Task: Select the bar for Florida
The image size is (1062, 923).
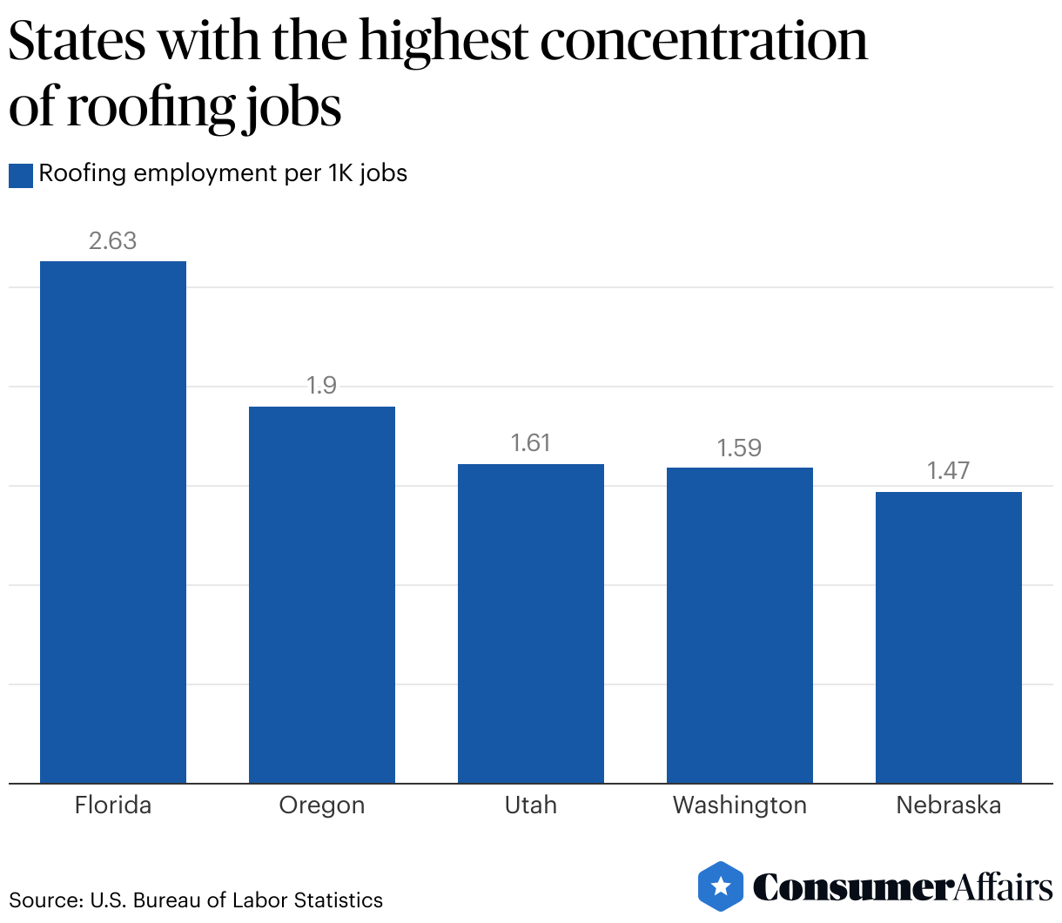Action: click(113, 522)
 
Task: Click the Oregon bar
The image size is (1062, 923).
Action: click(322, 595)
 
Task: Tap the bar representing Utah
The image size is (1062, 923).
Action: click(531, 623)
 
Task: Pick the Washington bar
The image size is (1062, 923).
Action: click(740, 625)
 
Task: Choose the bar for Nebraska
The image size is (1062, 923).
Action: click(949, 637)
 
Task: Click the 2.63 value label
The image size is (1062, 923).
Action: click(113, 241)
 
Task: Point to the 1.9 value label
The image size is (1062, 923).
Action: click(322, 386)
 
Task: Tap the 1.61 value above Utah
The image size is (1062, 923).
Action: click(531, 443)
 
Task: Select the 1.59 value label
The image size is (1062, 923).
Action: click(740, 448)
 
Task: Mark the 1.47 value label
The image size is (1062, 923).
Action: click(949, 471)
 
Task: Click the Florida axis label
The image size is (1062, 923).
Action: click(113, 805)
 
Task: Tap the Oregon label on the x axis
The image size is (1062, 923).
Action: click(322, 805)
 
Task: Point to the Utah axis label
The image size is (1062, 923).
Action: click(531, 805)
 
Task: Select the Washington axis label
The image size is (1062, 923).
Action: click(740, 805)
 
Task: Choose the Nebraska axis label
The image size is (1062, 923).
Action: click(949, 805)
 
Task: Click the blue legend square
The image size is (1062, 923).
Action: click(21, 175)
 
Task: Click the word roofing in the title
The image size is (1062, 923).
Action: click(151, 109)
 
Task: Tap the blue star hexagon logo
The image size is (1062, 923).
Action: click(721, 886)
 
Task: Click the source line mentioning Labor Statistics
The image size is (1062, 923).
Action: click(196, 899)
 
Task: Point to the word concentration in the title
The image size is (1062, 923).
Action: click(704, 41)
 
